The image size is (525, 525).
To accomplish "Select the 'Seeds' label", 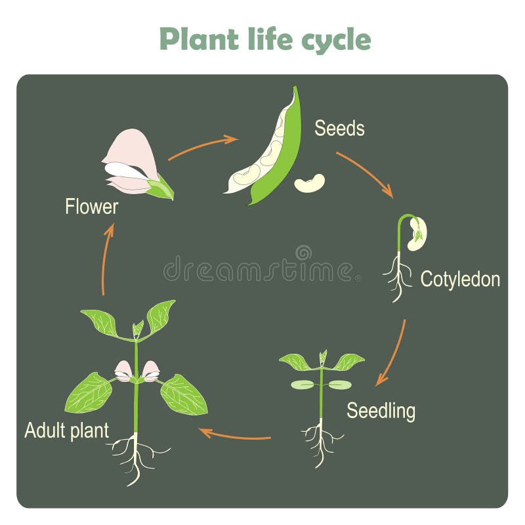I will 339,128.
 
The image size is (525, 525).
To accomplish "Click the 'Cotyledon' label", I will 460,279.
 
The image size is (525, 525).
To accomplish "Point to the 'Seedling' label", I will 381,411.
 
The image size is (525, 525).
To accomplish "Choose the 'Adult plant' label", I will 66,431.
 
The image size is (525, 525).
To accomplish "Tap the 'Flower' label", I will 91,207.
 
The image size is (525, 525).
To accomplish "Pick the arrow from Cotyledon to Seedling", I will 392,353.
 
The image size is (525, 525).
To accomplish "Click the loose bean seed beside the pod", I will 309,183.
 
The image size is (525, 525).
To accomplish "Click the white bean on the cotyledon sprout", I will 417,234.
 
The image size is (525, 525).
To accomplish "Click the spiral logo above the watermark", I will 303,253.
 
